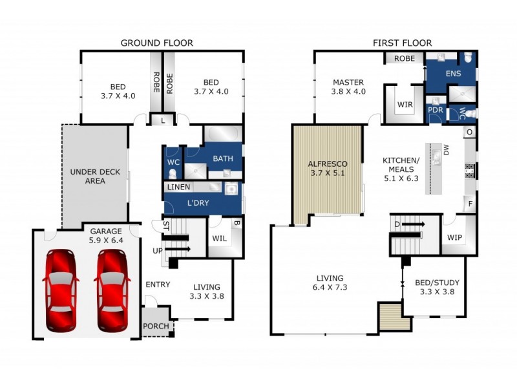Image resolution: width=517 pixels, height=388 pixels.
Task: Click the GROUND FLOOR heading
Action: [157, 43]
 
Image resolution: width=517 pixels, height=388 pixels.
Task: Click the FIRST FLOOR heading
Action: [402, 43]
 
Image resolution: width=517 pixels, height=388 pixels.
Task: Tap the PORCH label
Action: [156, 327]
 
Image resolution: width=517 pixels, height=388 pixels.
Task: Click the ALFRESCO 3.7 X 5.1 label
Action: [326, 169]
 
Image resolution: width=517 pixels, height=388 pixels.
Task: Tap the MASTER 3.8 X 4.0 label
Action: [349, 87]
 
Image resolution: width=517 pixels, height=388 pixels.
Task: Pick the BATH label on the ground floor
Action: [222, 158]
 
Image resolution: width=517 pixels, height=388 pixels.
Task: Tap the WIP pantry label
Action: [455, 237]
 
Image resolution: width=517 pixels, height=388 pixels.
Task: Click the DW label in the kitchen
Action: [445, 150]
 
